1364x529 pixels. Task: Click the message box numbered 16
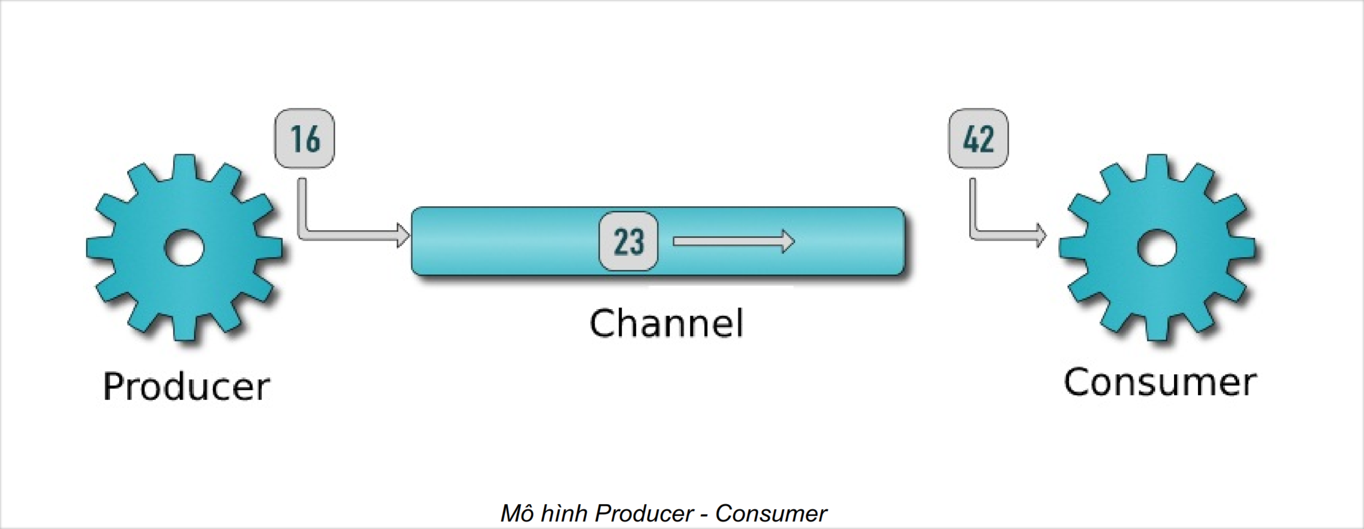(305, 138)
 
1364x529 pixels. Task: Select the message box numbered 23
(628, 242)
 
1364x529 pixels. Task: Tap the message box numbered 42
(978, 138)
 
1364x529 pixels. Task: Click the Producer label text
(186, 387)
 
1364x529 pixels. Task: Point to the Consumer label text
(1160, 382)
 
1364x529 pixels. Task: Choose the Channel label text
(666, 323)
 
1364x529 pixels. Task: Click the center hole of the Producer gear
(184, 247)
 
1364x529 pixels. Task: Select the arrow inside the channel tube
(733, 242)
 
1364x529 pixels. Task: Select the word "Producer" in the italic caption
(645, 514)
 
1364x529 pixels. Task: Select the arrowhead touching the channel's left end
(403, 235)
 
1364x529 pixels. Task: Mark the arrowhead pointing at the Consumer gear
(1040, 235)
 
